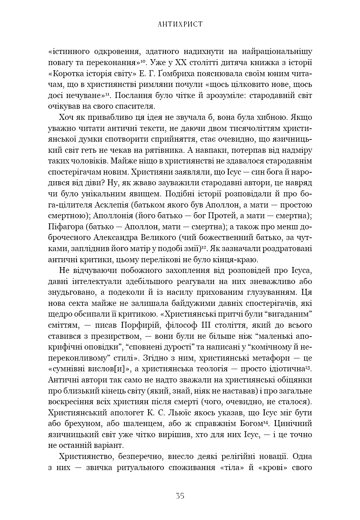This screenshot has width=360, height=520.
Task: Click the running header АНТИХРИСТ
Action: coord(180,24)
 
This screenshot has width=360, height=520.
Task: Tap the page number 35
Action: coord(180,496)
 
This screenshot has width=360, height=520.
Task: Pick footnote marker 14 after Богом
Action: coord(265,422)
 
